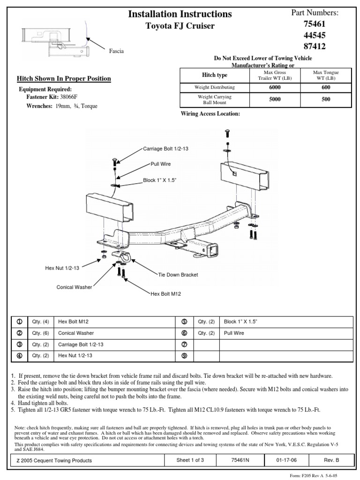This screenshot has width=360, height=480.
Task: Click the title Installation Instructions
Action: coord(180,14)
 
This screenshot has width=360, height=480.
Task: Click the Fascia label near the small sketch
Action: coord(116,51)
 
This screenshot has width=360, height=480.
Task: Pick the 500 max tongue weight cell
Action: coord(326,99)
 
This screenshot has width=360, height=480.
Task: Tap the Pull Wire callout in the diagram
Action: coord(160,165)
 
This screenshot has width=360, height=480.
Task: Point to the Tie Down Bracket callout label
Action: coord(178,275)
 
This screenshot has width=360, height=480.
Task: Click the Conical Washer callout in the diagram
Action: coord(74,286)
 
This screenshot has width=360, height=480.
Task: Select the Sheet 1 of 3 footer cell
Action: coord(190,460)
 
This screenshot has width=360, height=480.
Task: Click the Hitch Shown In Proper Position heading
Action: coord(64,78)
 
